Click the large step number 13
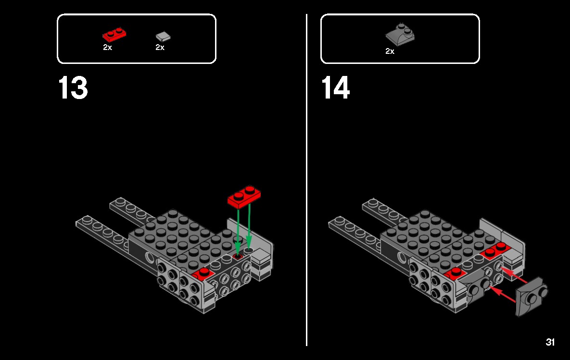coord(73,88)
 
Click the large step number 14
coord(336,88)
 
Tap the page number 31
coord(550,342)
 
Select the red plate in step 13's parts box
coord(114,35)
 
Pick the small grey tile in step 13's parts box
coord(163,36)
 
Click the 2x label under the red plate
coord(107,48)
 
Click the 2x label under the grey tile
coord(160,48)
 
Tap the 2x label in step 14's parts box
coord(390,51)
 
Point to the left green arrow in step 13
coord(238,231)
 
